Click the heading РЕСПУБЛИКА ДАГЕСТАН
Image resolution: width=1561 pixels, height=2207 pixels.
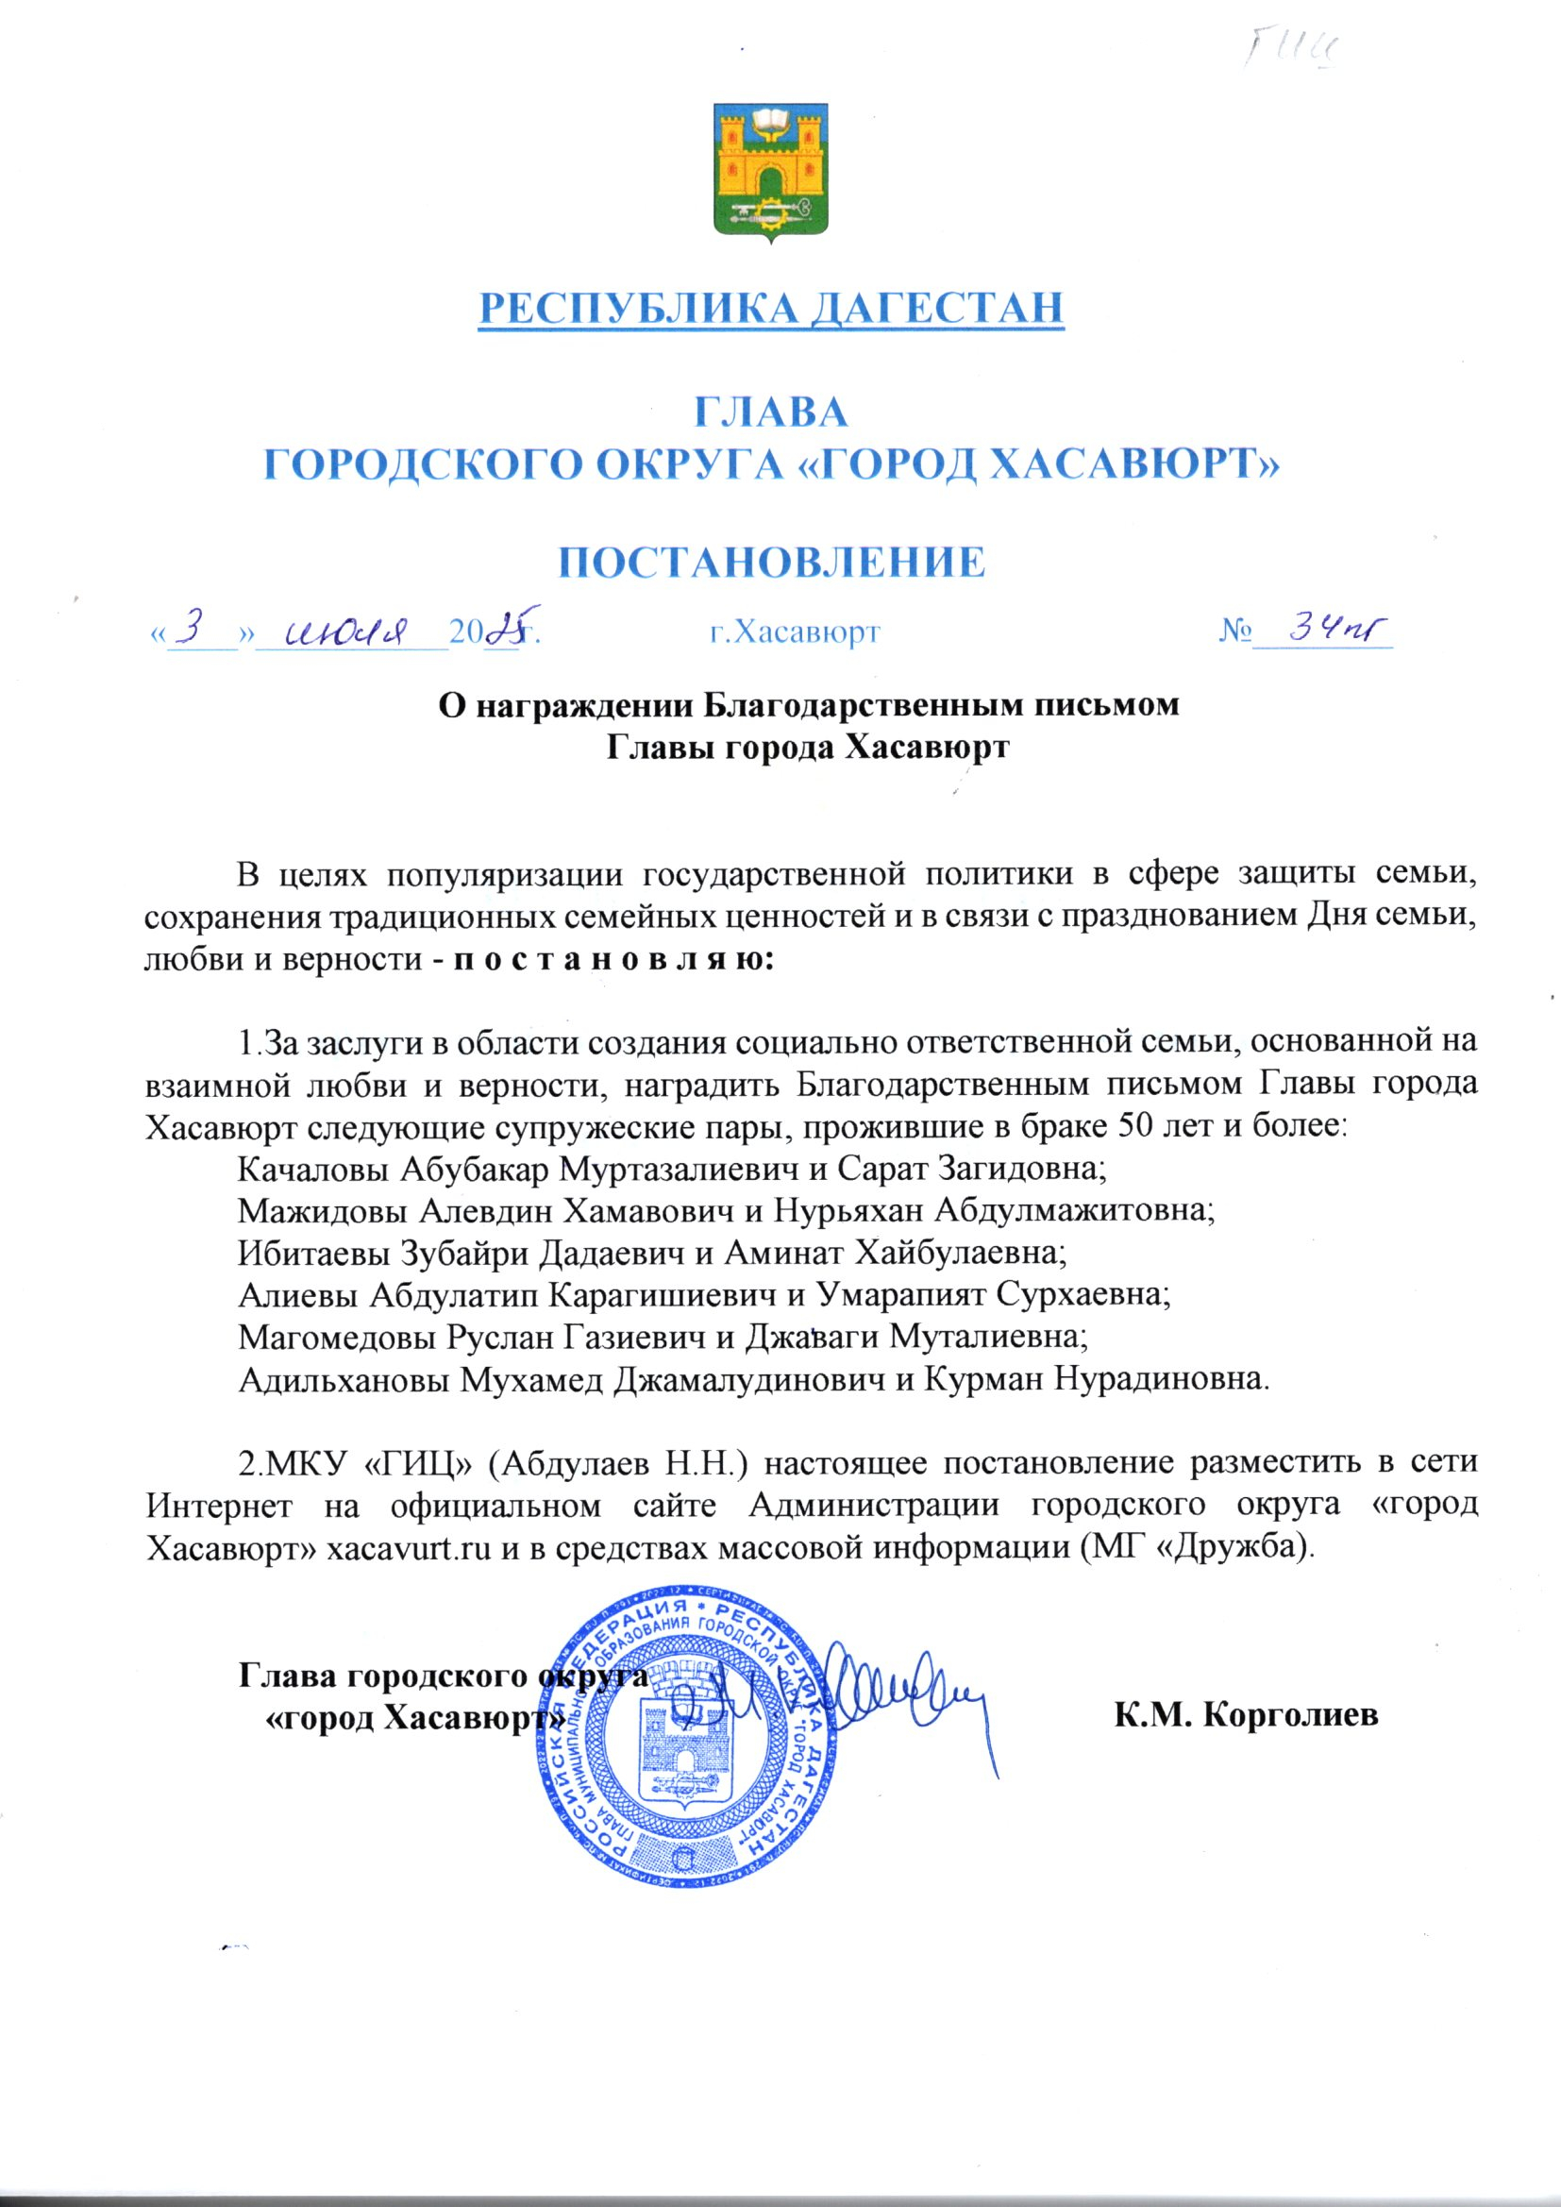click(x=772, y=308)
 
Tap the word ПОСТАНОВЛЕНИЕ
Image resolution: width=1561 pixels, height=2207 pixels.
click(x=772, y=563)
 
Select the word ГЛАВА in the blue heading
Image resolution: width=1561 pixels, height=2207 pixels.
click(x=771, y=413)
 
